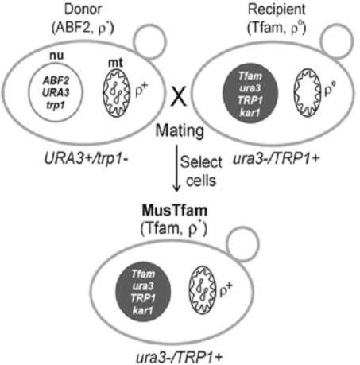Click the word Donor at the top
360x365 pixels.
pyautogui.click(x=83, y=10)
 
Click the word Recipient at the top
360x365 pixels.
pyautogui.click(x=277, y=10)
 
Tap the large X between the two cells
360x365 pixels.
pyautogui.click(x=179, y=97)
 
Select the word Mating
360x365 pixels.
pyautogui.click(x=180, y=131)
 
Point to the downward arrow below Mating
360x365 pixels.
pyautogui.click(x=176, y=168)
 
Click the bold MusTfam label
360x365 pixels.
pyautogui.click(x=175, y=211)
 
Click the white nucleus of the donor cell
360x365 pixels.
pyautogui.click(x=56, y=92)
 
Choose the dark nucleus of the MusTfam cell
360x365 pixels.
pyautogui.click(x=143, y=292)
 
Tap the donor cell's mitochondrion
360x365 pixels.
pyautogui.click(x=117, y=93)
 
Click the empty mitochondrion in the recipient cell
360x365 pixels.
pyautogui.click(x=308, y=92)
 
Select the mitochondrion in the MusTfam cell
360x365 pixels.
pyautogui.click(x=202, y=291)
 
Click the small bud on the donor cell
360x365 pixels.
pyautogui.click(x=150, y=41)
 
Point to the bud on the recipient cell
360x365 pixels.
pyautogui.click(x=337, y=41)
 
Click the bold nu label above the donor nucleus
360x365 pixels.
pyautogui.click(x=56, y=56)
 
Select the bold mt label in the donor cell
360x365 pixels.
pyautogui.click(x=115, y=63)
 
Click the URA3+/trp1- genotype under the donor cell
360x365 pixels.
pyautogui.click(x=87, y=159)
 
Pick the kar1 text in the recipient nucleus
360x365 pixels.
pyautogui.click(x=250, y=113)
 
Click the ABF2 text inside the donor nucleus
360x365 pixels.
pyautogui.click(x=56, y=80)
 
